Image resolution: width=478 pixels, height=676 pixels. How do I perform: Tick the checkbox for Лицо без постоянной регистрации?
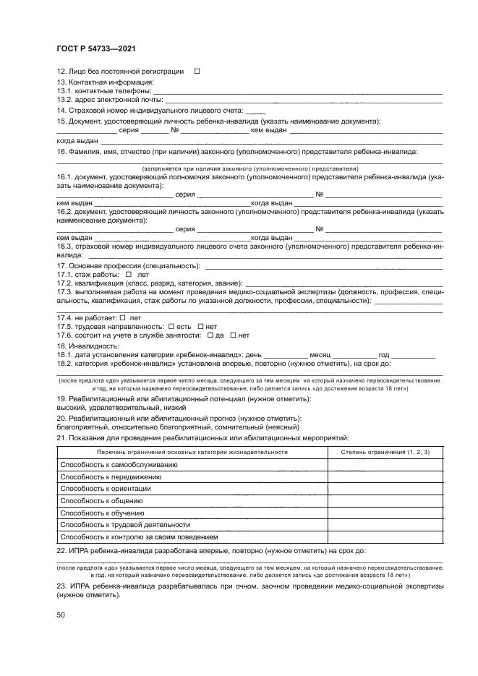point(197,72)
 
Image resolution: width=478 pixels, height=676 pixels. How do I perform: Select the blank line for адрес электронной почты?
point(304,100)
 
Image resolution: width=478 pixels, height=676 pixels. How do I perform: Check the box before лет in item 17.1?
point(128,275)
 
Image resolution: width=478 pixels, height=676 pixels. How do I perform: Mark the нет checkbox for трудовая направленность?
point(200,326)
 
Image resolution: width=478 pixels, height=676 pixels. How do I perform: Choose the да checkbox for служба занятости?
point(210,335)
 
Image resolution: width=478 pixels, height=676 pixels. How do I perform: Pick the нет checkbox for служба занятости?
point(233,335)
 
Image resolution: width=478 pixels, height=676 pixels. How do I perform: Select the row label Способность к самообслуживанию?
point(129,464)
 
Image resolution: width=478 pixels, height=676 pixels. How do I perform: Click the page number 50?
point(61,615)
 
